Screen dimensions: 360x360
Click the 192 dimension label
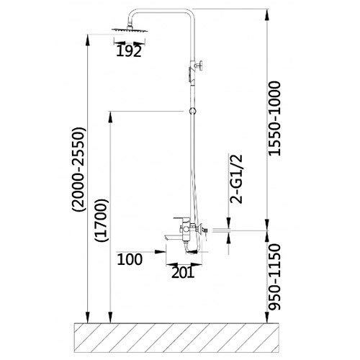[x=129, y=51]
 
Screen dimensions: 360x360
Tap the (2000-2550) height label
[x=78, y=169]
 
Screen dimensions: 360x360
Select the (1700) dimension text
[x=102, y=220]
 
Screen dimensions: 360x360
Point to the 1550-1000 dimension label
[x=274, y=119]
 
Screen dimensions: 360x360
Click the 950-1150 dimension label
[x=274, y=277]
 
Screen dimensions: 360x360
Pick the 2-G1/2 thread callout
[x=236, y=179]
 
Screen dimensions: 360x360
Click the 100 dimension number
[x=130, y=259]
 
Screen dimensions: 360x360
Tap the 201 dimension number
[x=183, y=272]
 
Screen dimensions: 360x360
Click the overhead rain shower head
[x=130, y=30]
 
